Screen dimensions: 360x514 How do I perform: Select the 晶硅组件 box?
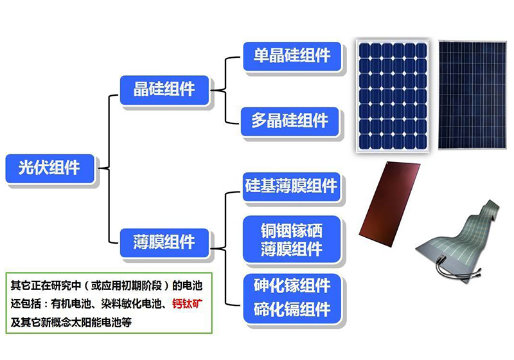pos(164,89)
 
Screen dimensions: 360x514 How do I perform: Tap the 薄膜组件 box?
pos(164,242)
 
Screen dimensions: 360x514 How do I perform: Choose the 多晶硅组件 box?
pos(290,121)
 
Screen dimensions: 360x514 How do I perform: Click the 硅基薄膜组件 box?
pos(291,186)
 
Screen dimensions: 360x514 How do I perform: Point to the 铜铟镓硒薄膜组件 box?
pos(291,239)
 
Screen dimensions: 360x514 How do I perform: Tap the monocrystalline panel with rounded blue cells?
pos(393,95)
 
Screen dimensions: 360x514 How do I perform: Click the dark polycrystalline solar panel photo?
pos(471,95)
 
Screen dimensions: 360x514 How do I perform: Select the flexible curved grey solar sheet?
pos(459,235)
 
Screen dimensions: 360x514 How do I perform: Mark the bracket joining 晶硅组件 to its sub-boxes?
pos(225,89)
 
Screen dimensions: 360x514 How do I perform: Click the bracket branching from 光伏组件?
pos(106,169)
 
